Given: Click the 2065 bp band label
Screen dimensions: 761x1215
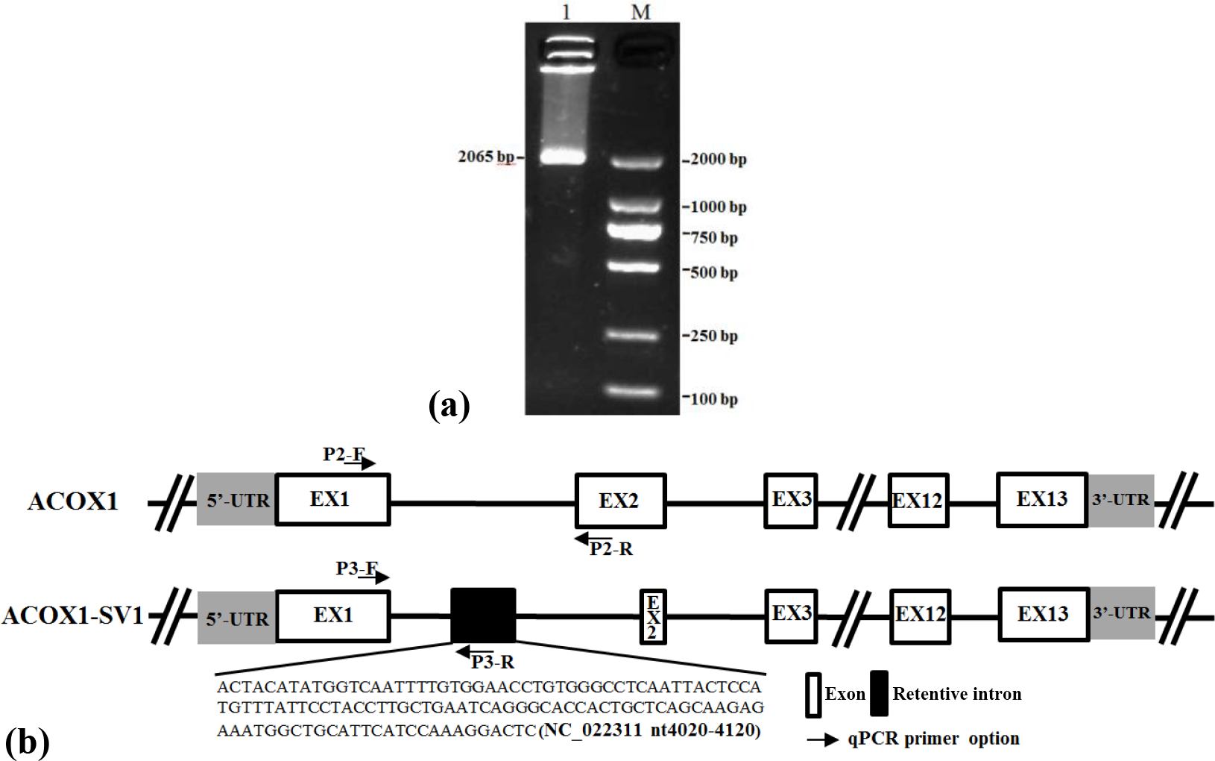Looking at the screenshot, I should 486,157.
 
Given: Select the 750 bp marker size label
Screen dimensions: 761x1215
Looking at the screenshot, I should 713,237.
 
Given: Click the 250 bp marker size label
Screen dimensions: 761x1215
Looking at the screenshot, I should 713,336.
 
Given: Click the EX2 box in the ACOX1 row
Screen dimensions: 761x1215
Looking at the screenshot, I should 620,501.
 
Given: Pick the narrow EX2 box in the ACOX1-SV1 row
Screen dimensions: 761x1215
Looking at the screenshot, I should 652,616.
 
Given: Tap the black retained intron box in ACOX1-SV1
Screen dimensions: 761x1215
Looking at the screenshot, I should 483,616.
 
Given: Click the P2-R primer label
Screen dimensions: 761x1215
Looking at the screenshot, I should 611,550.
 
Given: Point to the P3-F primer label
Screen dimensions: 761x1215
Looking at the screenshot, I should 357,569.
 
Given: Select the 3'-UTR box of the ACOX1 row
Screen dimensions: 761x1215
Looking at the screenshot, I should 1120,501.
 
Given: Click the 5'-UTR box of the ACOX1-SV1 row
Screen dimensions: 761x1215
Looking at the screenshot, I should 236,617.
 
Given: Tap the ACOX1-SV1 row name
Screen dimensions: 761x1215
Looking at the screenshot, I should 72,616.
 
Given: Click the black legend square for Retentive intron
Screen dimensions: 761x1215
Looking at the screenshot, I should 879,694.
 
